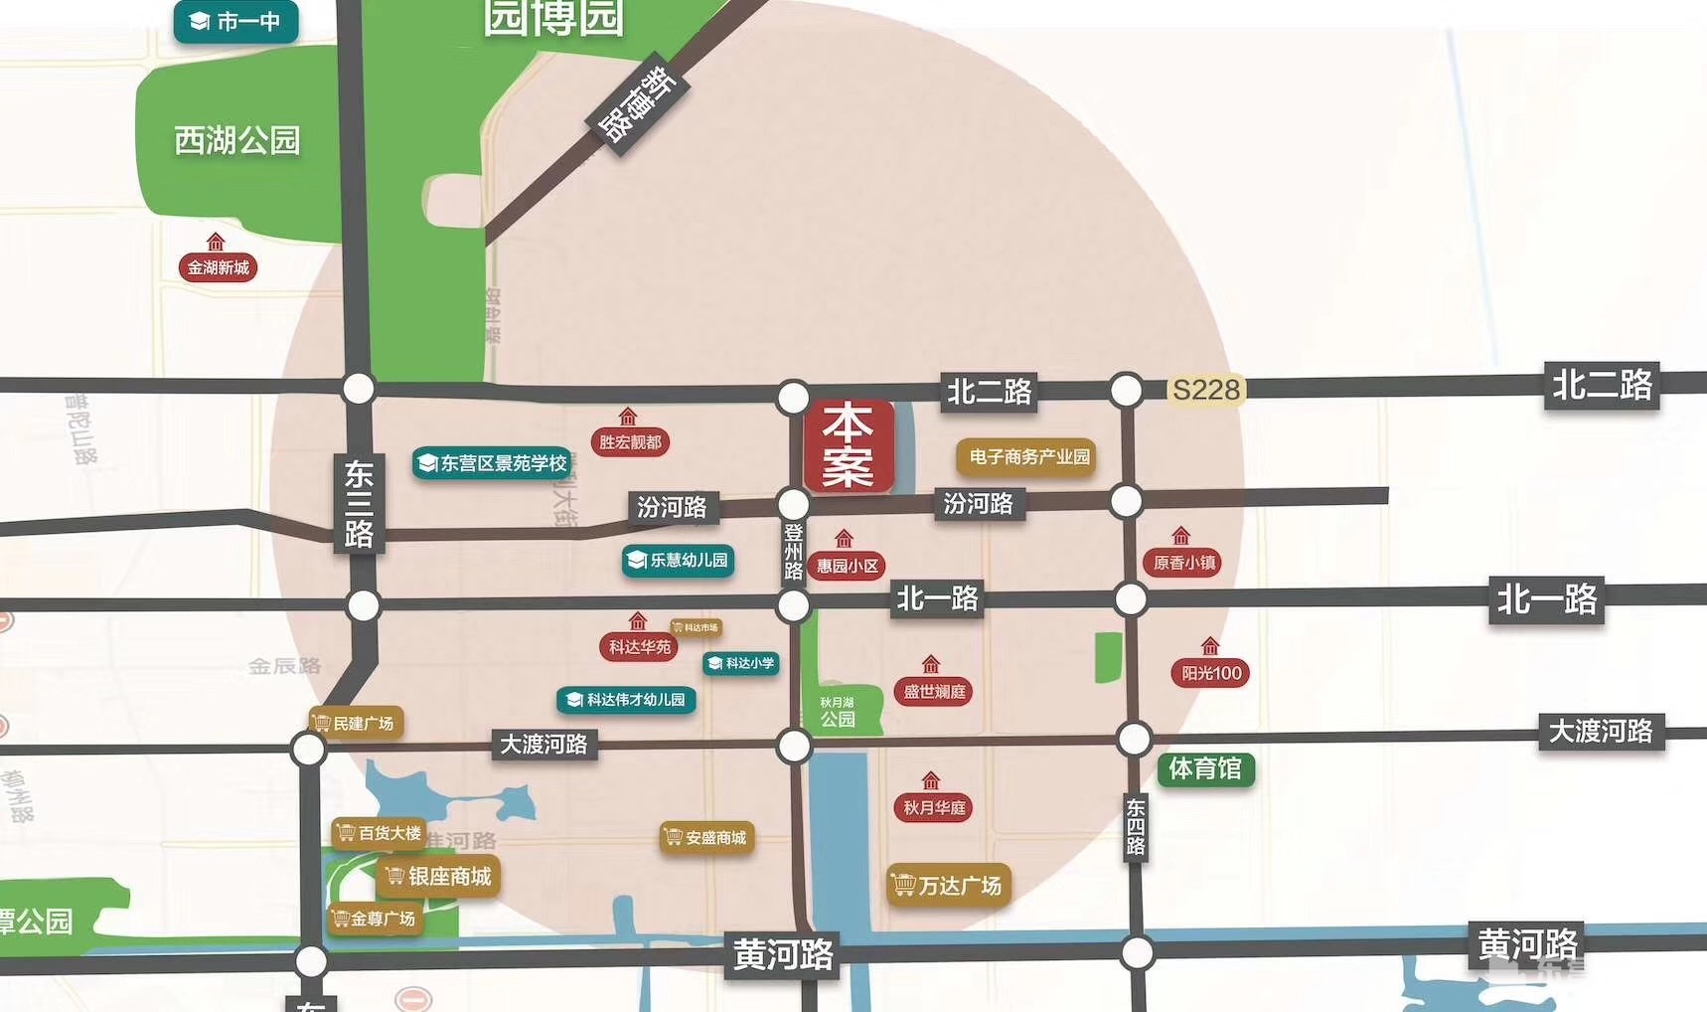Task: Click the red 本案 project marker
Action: [848, 446]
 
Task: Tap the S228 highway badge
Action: [1206, 390]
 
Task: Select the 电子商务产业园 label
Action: [1027, 457]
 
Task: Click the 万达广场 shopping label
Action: [949, 885]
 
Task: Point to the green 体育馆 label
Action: [1205, 768]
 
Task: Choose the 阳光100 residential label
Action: [1210, 673]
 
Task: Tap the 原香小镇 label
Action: [1183, 563]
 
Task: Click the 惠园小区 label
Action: [847, 566]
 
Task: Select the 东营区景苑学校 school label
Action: [493, 463]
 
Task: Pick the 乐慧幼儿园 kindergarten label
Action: [679, 561]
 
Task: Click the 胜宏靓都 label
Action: [630, 441]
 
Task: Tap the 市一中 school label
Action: [236, 21]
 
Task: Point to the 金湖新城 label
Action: [218, 267]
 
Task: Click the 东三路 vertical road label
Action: [359, 505]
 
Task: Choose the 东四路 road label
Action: [1136, 826]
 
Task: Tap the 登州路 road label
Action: [793, 552]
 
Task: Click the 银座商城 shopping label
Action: [438, 876]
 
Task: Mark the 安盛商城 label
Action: [706, 838]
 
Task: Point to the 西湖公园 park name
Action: [237, 140]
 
